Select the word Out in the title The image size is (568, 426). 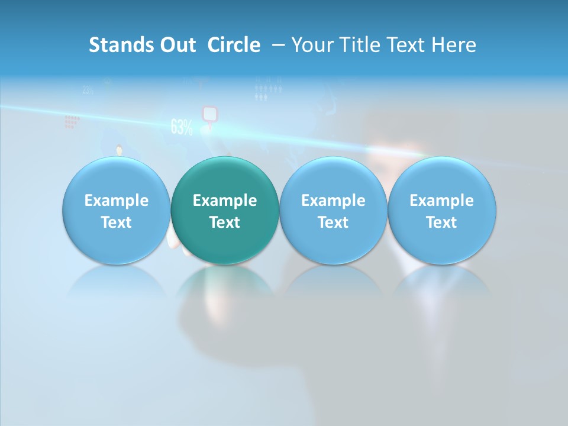tap(176, 45)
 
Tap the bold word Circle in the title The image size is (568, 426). tap(234, 45)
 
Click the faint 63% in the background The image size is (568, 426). tap(182, 127)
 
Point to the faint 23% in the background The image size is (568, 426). tap(88, 91)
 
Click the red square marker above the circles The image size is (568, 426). tap(209, 113)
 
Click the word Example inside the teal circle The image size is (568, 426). tap(225, 201)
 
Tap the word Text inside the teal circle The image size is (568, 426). tap(225, 222)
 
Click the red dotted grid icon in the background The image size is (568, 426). tap(72, 122)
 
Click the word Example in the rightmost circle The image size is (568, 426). tap(442, 201)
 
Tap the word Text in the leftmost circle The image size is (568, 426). tap(116, 222)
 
